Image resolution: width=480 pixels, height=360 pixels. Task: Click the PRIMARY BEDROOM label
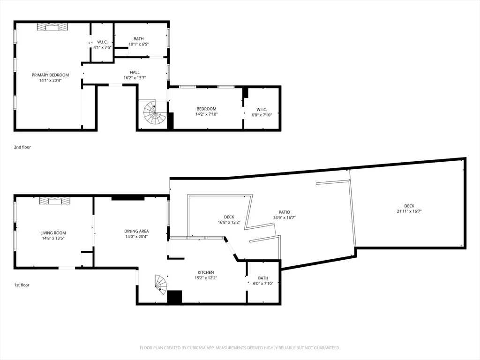point(50,75)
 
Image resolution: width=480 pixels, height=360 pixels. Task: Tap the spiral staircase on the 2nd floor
point(155,112)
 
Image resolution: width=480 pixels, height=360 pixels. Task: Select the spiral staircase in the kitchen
point(161,284)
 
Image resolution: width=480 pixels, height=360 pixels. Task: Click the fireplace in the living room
point(55,201)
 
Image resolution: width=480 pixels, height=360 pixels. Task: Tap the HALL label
point(135,72)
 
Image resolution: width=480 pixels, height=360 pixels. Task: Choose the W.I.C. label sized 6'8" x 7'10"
point(262,114)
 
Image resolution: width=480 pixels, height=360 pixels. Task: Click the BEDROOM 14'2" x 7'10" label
point(206,109)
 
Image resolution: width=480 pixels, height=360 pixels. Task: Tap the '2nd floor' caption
point(22,147)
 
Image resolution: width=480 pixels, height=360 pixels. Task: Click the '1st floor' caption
point(22,285)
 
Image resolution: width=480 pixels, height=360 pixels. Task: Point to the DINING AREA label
point(136,231)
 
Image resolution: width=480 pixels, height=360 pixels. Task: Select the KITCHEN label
point(205,272)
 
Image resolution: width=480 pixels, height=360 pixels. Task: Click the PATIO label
point(284,212)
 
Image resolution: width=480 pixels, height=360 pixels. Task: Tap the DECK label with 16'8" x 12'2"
point(229,217)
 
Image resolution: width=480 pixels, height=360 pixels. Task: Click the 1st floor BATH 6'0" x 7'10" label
point(263,278)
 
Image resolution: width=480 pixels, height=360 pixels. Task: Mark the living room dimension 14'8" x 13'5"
point(53,238)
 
